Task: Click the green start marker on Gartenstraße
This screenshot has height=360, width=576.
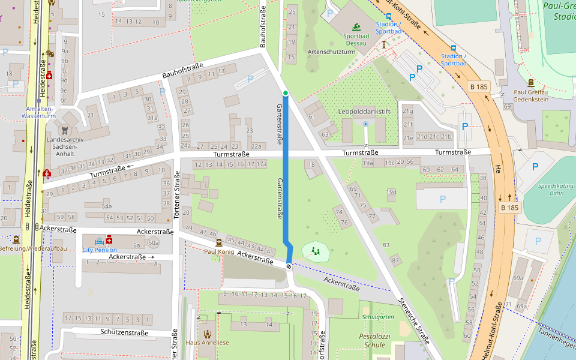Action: [286, 93]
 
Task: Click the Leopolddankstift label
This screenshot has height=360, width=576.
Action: [364, 112]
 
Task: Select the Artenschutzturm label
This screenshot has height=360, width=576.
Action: [331, 52]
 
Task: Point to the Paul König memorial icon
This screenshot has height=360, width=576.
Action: [219, 242]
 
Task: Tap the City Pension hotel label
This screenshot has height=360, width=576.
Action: [99, 250]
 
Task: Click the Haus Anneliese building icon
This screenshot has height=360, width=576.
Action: [207, 334]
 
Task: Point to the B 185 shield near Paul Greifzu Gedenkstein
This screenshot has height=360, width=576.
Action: [479, 87]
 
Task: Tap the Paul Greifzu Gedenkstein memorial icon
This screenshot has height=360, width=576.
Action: [531, 83]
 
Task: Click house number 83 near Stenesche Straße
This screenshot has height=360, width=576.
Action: [386, 245]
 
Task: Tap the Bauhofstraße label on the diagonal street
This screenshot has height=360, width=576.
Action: [182, 70]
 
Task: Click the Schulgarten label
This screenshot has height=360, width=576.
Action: [377, 316]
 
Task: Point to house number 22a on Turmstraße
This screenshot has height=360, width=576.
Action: [257, 146]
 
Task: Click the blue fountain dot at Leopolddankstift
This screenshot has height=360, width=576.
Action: [366, 124]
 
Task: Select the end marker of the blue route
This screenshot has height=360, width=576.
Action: [289, 265]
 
